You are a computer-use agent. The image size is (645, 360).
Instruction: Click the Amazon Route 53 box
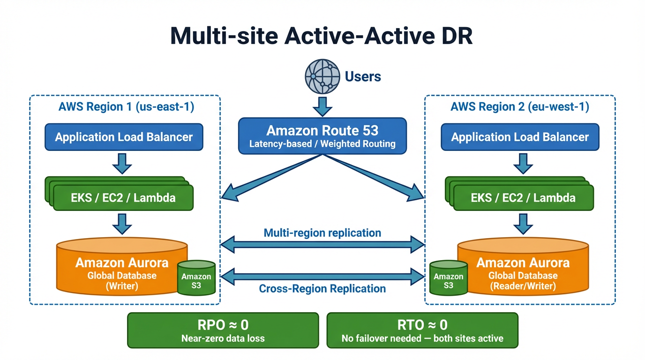tap(322, 135)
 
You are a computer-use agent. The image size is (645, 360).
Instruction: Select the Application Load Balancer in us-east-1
tap(124, 137)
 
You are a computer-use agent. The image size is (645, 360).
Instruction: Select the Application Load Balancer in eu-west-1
tap(520, 137)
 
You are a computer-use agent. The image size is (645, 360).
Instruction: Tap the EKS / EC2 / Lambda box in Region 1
tap(123, 197)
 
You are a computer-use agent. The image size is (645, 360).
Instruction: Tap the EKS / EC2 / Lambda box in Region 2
tap(523, 197)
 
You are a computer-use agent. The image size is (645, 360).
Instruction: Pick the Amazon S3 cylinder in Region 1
tap(196, 279)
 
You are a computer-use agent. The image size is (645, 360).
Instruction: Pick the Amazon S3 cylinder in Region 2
tap(448, 279)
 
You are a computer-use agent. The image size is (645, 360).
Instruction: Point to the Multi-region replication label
tap(322, 232)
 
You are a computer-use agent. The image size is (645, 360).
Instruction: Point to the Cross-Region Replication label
tap(322, 289)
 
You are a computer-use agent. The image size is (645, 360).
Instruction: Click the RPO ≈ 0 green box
tap(223, 330)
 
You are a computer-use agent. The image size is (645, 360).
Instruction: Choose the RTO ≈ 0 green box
tap(422, 330)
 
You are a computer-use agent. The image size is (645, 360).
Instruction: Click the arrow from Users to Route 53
tap(322, 105)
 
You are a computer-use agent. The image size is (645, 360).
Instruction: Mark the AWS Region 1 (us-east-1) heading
tap(126, 107)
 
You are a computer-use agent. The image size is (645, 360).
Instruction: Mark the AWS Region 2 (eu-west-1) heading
tap(520, 107)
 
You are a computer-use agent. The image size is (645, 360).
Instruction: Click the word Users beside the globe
tap(363, 76)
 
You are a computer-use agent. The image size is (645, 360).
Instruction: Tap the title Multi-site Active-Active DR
tap(322, 36)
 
